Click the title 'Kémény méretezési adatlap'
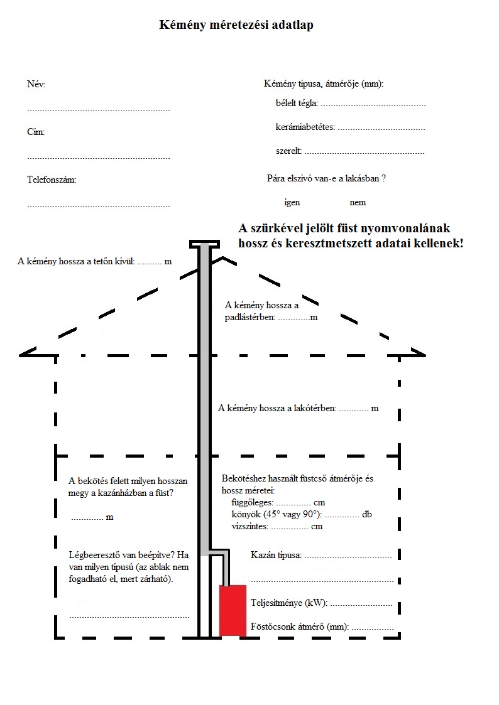[236, 26]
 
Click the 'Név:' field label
[36, 85]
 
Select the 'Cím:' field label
[36, 132]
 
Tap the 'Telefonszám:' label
[52, 180]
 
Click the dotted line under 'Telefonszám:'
[98, 205]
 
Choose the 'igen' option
[292, 203]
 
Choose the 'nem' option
[358, 203]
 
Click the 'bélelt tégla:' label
[297, 103]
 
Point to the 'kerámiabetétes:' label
[305, 127]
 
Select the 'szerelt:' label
[288, 151]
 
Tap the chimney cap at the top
[205, 243]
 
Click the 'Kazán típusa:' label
[276, 556]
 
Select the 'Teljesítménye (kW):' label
[288, 603]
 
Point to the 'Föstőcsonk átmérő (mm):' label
[299, 627]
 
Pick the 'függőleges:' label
[253, 503]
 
